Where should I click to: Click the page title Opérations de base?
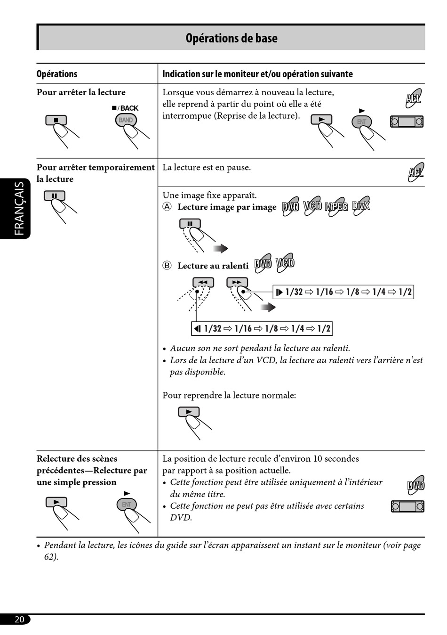pos(231,38)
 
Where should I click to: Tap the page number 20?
pos(19,619)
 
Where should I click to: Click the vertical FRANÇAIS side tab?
pos(19,208)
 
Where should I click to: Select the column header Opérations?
pos(57,74)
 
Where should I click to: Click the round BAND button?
pos(126,120)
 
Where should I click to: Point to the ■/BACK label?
pos(125,108)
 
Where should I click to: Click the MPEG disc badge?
pos(336,206)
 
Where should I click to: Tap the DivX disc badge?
pos(361,205)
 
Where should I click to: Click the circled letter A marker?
pos(167,207)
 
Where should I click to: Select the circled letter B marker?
pos(167,266)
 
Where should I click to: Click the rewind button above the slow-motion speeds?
pos(203,282)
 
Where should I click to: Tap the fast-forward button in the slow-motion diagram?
pos(237,282)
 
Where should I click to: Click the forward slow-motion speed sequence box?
pos(343,292)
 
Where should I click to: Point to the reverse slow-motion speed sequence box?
pos(262,328)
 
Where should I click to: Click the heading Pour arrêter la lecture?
pos(81,92)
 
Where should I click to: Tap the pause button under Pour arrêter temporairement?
pos(55,195)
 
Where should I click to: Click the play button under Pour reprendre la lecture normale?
pos(189,412)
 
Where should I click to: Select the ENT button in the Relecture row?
pos(127,505)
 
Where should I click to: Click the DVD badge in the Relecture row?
pos(415,485)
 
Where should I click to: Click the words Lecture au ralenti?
pos(213,266)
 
